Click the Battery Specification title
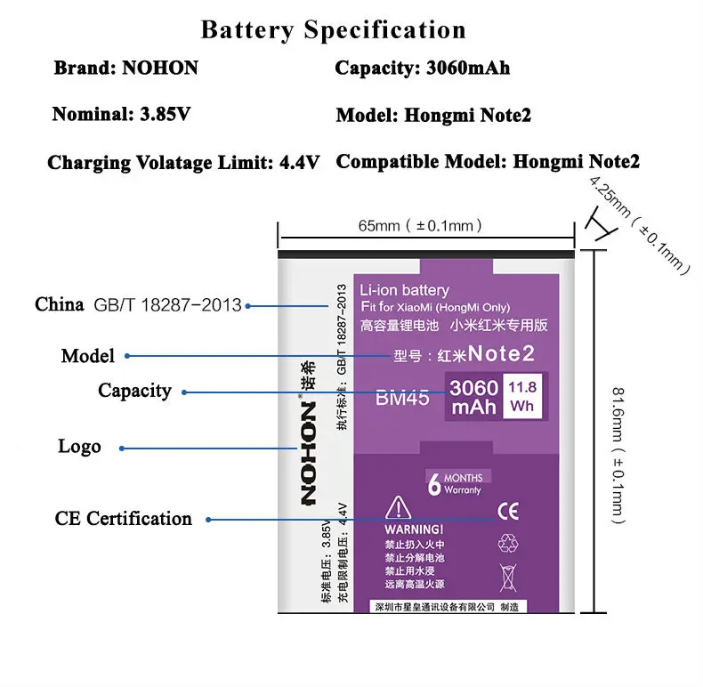(x=333, y=29)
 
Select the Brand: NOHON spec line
(x=125, y=69)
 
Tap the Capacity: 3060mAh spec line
(x=422, y=69)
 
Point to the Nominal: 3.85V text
(x=121, y=115)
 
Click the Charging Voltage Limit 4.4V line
(x=183, y=163)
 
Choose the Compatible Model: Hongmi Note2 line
(x=487, y=162)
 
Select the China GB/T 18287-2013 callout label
(x=138, y=305)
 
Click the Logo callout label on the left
(x=79, y=447)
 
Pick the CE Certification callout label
(x=123, y=519)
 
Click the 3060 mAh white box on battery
(x=473, y=398)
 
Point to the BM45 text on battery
(x=402, y=399)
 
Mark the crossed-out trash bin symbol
(x=508, y=578)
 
